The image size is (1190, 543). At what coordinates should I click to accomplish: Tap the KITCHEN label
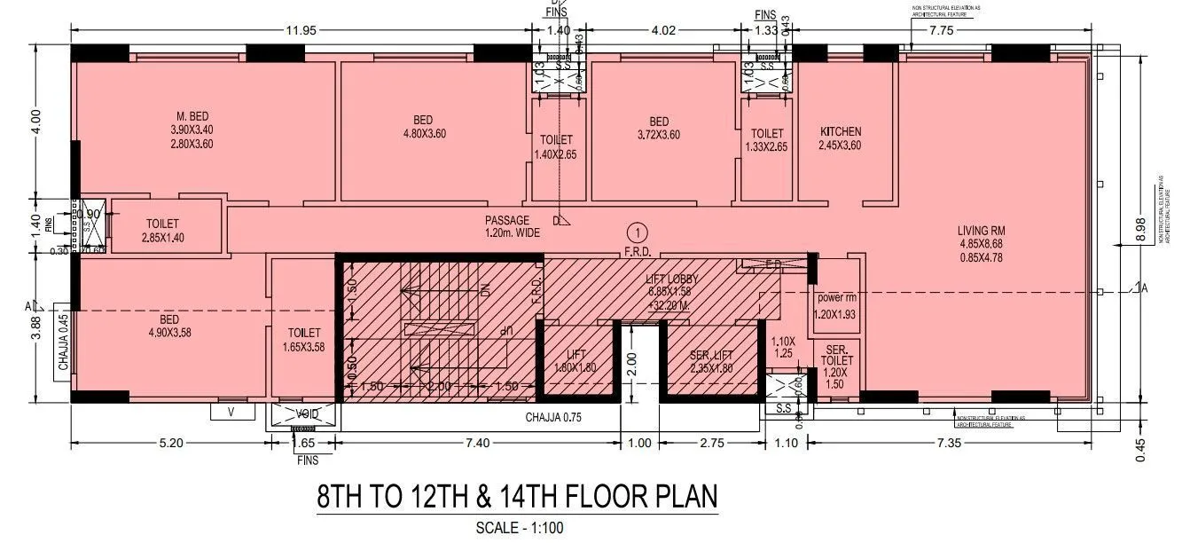[x=840, y=131]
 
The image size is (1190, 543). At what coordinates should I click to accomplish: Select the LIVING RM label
[x=980, y=230]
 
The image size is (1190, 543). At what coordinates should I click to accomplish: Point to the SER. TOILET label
[x=834, y=354]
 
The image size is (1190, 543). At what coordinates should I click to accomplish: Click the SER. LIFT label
[x=711, y=356]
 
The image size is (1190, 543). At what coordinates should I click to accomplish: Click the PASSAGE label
[x=506, y=220]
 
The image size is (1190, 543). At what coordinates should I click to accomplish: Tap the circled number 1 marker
[x=635, y=232]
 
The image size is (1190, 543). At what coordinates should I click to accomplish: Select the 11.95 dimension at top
[x=300, y=30]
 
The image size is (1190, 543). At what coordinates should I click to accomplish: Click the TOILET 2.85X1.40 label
[x=161, y=231]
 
